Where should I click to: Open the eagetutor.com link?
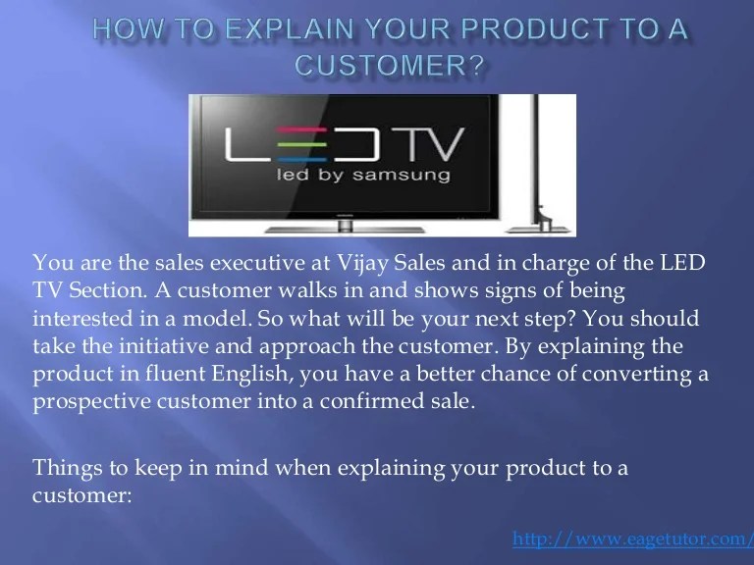click(x=631, y=540)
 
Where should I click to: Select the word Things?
click(x=62, y=468)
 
